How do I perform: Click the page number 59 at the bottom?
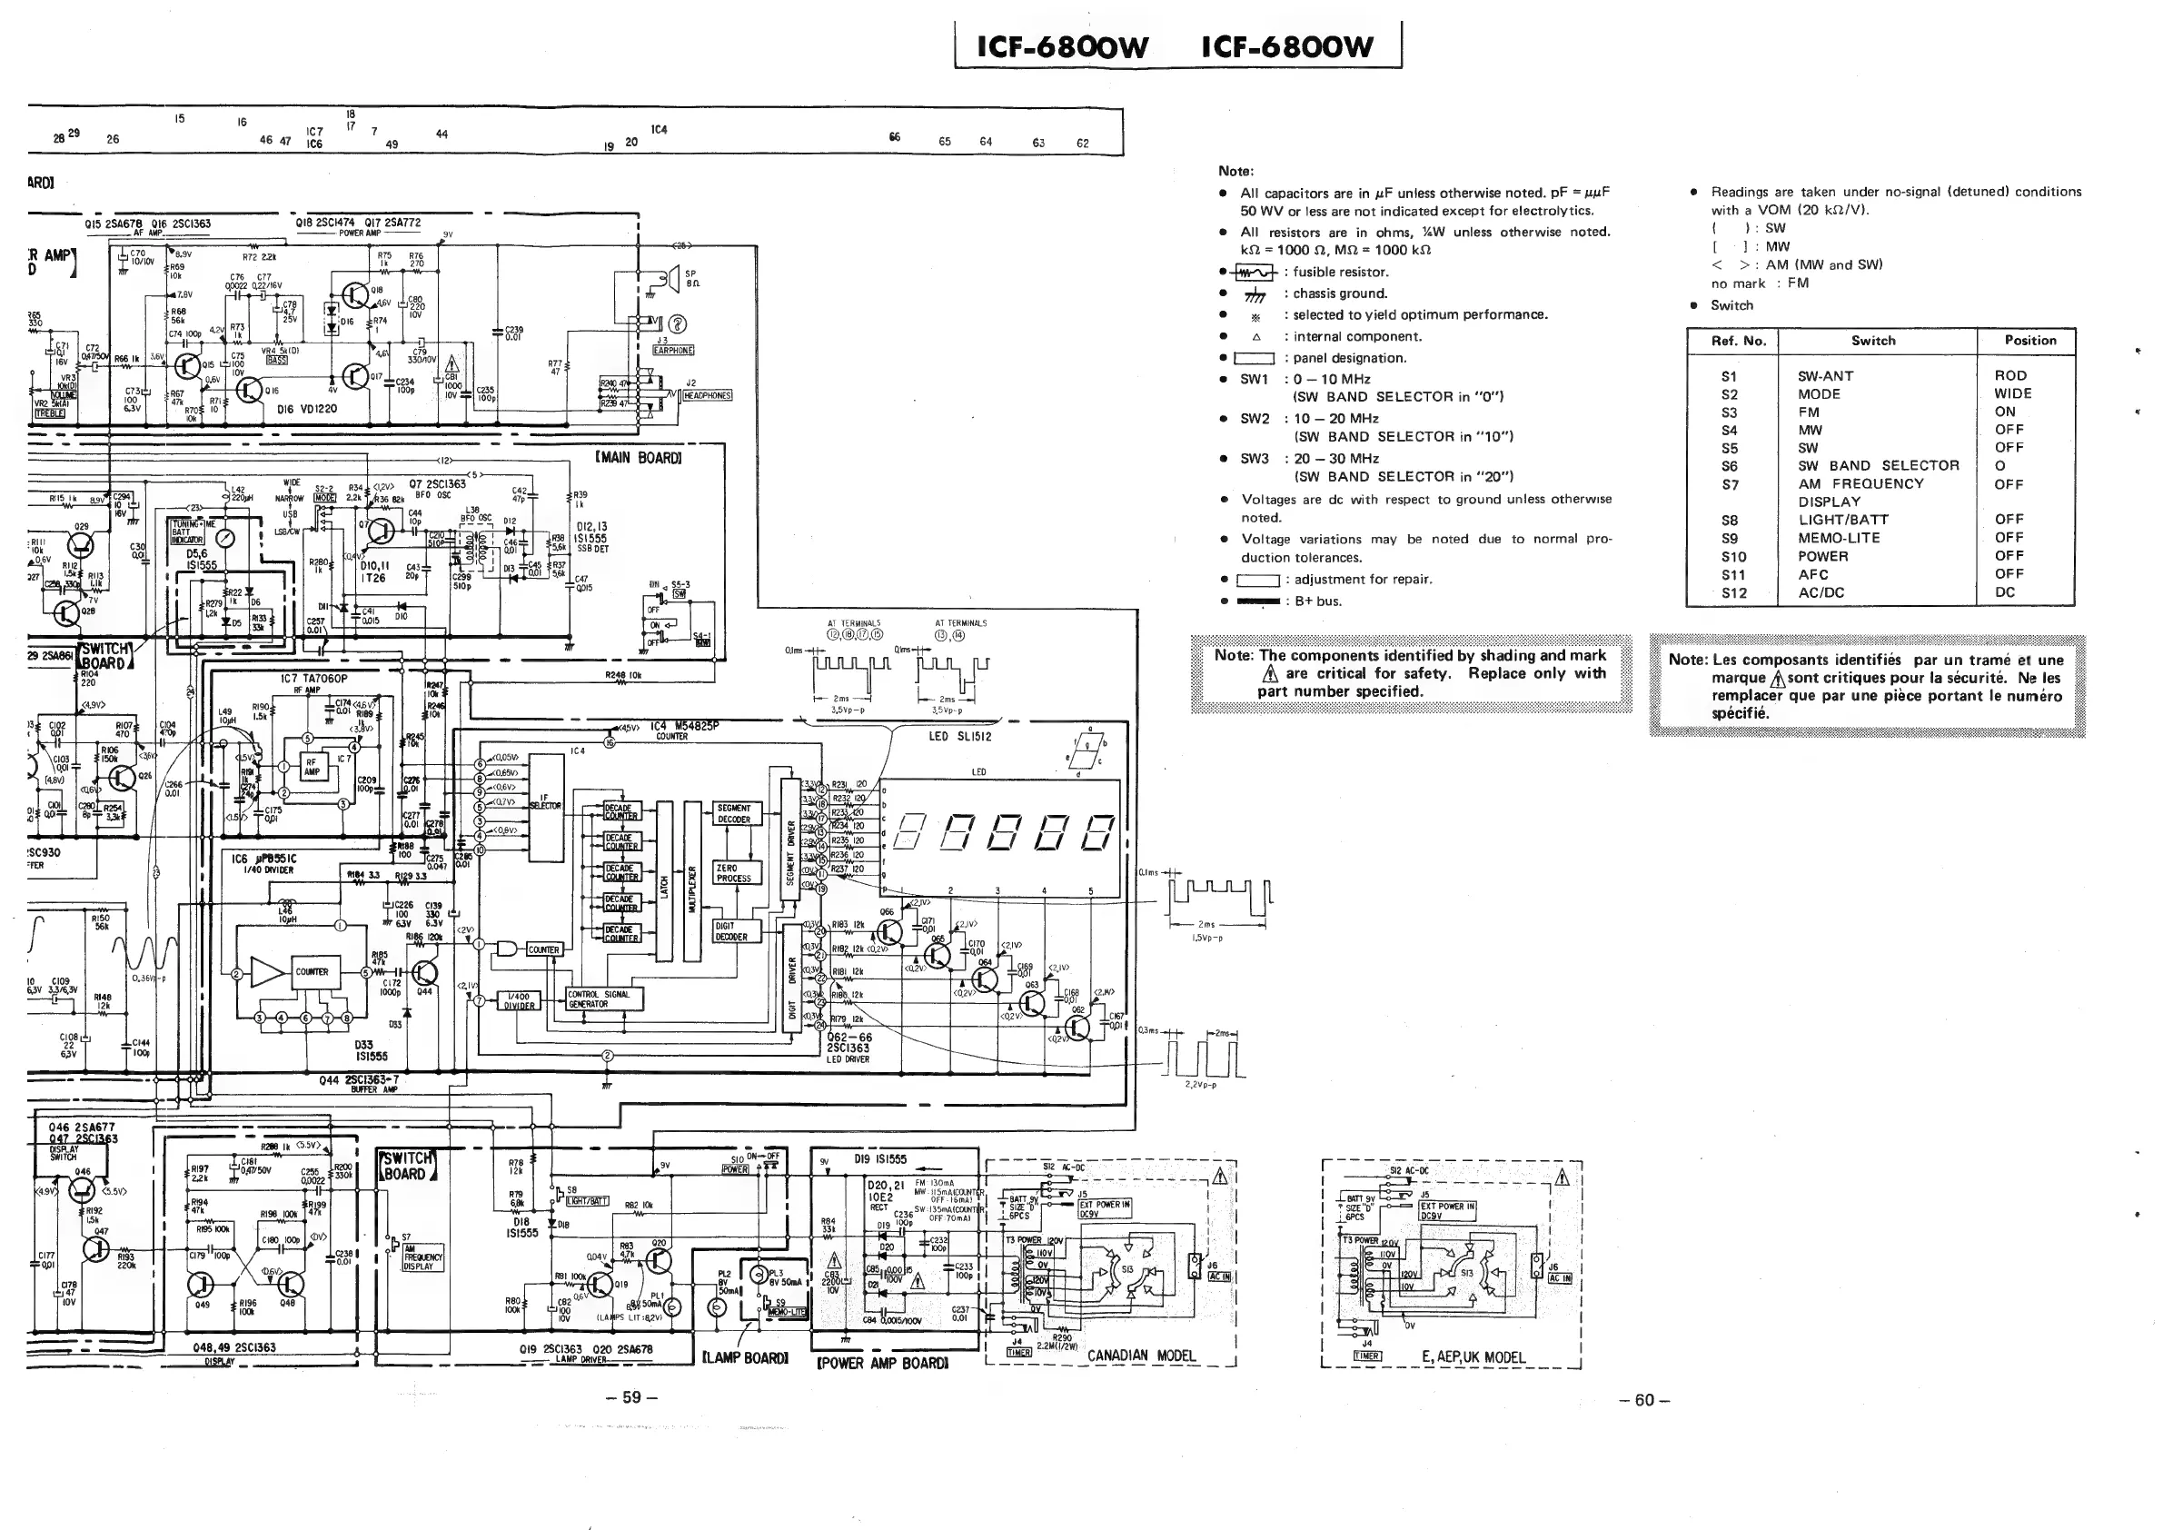pyautogui.click(x=632, y=1396)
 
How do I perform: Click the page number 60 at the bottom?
pyautogui.click(x=1644, y=1400)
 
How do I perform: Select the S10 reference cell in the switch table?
pyautogui.click(x=1732, y=556)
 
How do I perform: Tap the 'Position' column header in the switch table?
pyautogui.click(x=2029, y=340)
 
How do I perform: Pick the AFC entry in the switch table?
pyautogui.click(x=1812, y=574)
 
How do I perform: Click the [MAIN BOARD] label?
pyautogui.click(x=638, y=458)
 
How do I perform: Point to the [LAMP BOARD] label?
pyautogui.click(x=744, y=1357)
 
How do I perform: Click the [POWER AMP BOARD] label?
pyautogui.click(x=882, y=1362)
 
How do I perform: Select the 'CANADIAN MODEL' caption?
pyautogui.click(x=1141, y=1356)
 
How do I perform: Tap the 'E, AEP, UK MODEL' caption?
pyautogui.click(x=1473, y=1356)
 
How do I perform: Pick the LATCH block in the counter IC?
pyautogui.click(x=664, y=882)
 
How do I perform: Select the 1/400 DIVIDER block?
pyautogui.click(x=518, y=1000)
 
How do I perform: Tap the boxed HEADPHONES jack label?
pyautogui.click(x=707, y=396)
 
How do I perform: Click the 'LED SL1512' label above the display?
pyautogui.click(x=959, y=736)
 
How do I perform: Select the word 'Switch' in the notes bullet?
pyautogui.click(x=1731, y=305)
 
